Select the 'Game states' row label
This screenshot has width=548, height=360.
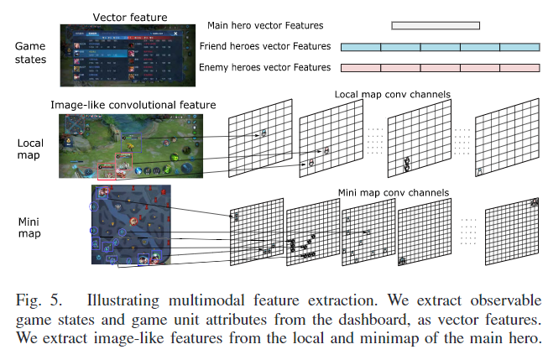(x=31, y=54)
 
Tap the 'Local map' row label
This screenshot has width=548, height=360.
(x=30, y=149)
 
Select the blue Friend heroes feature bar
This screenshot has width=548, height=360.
(x=440, y=46)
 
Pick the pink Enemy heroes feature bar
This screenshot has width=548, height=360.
(x=440, y=67)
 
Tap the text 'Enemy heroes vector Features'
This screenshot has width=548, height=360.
(x=264, y=67)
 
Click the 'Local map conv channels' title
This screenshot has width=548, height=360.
(x=392, y=94)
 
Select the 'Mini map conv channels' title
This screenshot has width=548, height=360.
(x=393, y=192)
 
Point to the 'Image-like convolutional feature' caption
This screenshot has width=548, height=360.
(x=133, y=105)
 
